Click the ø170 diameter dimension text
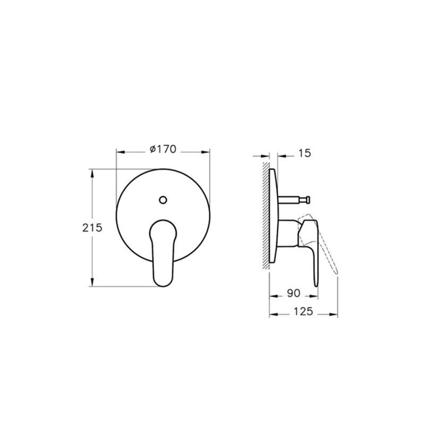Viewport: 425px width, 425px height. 163,150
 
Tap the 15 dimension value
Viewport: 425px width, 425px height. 304,154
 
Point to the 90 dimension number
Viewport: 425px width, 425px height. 293,293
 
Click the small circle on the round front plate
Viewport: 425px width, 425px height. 163,200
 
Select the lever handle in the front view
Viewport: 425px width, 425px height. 163,250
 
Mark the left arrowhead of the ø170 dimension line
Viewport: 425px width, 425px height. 120,152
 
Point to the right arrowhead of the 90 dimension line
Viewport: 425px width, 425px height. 317,295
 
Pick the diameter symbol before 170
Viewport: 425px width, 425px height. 152,150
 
